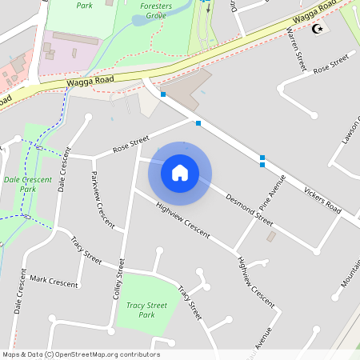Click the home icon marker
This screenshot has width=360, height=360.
180,172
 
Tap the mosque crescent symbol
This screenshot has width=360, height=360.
318,30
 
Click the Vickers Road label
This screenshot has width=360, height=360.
322,201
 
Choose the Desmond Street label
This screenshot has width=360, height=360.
249,207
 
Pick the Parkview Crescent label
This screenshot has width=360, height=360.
102,198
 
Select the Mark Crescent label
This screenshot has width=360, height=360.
54,282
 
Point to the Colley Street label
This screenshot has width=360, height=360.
120,280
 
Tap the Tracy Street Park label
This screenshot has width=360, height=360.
146,310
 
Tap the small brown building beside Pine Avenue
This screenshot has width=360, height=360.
270,237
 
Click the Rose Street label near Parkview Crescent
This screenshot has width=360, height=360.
131,145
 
